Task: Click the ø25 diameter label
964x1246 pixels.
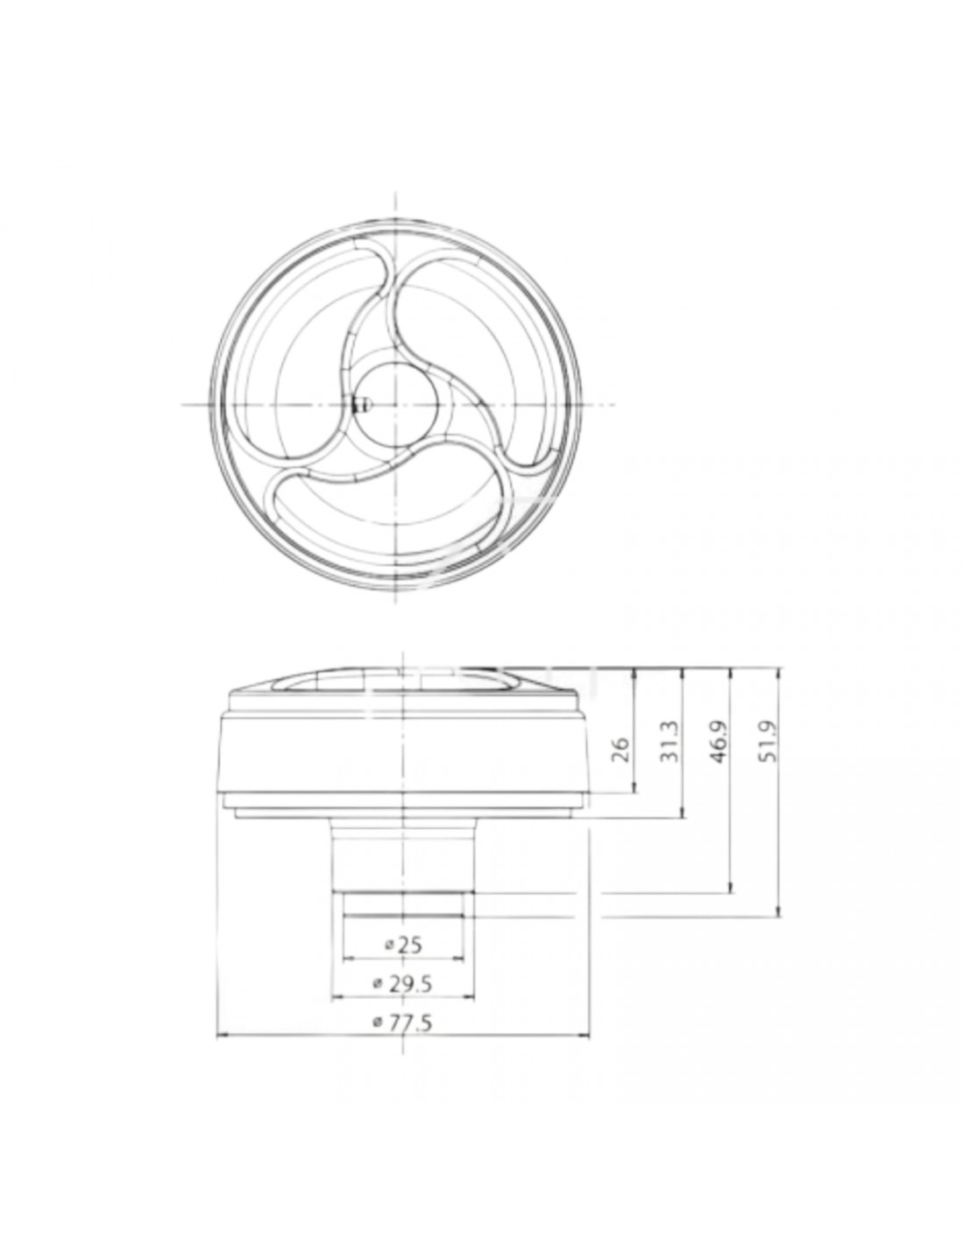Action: [403, 945]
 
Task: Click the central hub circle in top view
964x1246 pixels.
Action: [396, 405]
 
